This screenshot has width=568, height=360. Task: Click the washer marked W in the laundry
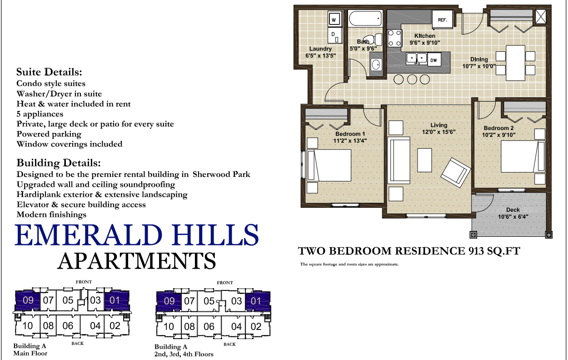click(x=334, y=19)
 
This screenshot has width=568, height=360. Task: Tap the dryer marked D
click(x=334, y=35)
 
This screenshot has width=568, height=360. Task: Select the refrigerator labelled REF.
click(x=443, y=20)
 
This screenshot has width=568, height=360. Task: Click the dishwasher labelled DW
click(x=434, y=60)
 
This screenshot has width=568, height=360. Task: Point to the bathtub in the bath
click(x=365, y=18)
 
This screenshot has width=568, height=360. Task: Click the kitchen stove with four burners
click(x=394, y=38)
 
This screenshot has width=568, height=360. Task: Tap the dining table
click(x=515, y=63)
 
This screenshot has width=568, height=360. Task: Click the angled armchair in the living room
click(x=456, y=173)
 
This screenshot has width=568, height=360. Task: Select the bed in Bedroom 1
click(x=329, y=165)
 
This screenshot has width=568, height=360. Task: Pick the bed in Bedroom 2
click(x=523, y=156)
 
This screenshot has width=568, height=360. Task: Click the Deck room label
click(x=513, y=210)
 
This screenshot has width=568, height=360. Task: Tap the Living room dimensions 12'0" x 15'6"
click(x=438, y=132)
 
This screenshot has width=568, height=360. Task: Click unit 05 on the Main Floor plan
click(x=68, y=300)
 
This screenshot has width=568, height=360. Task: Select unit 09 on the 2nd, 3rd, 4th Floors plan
click(x=169, y=301)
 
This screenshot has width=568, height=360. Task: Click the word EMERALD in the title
click(x=89, y=235)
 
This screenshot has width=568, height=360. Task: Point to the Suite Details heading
click(x=49, y=72)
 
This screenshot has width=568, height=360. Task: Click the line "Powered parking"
click(x=49, y=134)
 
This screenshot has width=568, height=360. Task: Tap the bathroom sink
click(x=376, y=64)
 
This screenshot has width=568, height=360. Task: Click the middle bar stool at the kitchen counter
click(x=412, y=80)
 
